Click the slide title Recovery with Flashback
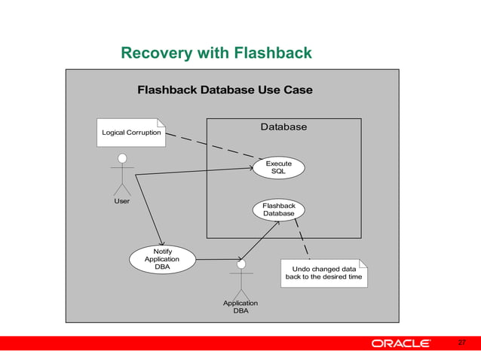coord(216,53)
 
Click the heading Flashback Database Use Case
coord(225,90)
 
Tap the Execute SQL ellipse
coord(278,168)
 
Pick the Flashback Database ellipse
coord(278,210)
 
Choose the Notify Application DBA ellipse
coord(162,259)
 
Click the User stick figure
coord(121,173)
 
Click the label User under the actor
coord(121,201)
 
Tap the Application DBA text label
coord(240,307)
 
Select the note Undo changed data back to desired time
coord(323,273)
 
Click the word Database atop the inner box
coord(283,127)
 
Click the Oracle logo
coord(400,344)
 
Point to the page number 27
coord(462,343)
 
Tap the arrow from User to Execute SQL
coord(196,172)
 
